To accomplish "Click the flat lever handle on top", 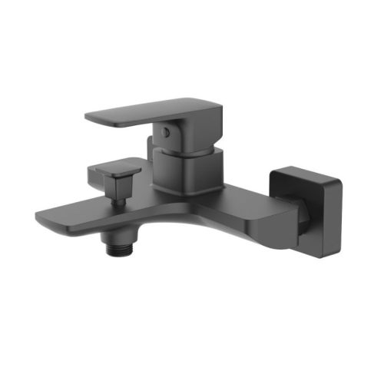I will pos(138,114).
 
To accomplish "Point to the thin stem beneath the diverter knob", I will pos(120,199).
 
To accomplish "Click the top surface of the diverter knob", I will pos(115,162).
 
